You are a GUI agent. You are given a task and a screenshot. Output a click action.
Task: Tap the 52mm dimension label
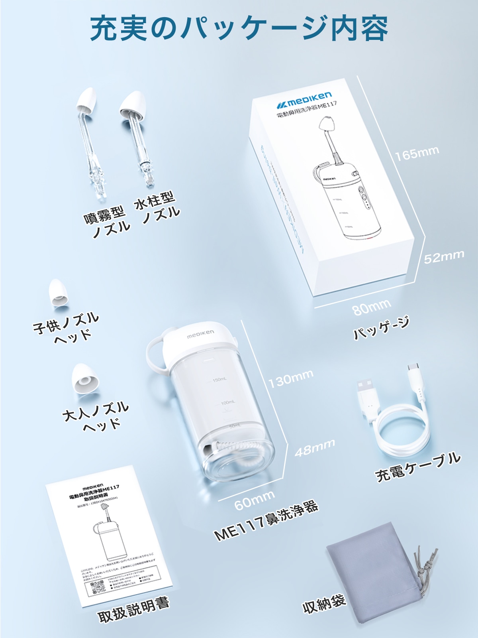pos(444,257)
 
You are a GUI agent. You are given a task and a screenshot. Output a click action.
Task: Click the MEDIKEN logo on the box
pos(305,99)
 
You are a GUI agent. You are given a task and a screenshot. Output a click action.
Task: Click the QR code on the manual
pos(97,587)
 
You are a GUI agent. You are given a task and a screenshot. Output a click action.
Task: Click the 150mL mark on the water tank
pos(219,380)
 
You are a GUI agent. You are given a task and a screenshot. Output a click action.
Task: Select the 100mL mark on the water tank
pos(227,403)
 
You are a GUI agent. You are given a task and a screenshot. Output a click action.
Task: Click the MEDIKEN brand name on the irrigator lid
pos(201,334)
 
